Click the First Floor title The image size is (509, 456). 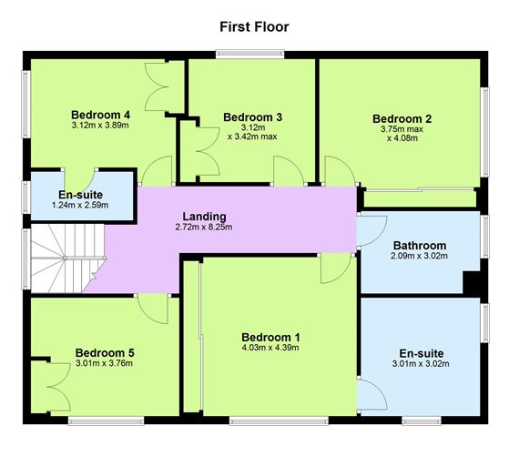tap(254, 26)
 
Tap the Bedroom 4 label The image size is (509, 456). tap(101, 115)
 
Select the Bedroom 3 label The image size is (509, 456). tap(252, 117)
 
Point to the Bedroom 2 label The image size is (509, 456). tap(402, 119)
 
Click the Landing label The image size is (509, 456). tap(204, 217)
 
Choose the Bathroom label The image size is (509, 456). tap(420, 246)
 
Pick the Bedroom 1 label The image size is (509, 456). tap(270, 337)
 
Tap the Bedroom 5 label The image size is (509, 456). tap(105, 353)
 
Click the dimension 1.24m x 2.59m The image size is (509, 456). tap(80, 205)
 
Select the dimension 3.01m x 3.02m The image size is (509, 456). tap(421, 364)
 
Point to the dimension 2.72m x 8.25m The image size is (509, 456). tap(204, 227)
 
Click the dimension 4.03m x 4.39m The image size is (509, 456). tap(270, 348)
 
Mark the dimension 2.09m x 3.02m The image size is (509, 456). tap(420, 256)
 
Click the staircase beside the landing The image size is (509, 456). tap(67, 258)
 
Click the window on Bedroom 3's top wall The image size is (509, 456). tap(250, 54)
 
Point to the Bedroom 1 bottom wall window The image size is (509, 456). tap(279, 421)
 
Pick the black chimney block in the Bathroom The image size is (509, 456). tap(471, 282)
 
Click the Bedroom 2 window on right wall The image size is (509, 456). tap(485, 132)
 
